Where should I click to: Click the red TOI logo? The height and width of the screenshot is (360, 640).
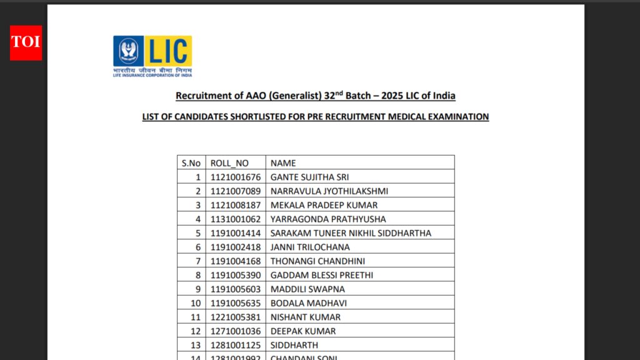tap(26, 42)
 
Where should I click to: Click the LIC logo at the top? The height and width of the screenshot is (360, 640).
tap(152, 56)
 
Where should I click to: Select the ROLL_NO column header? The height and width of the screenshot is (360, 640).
tap(229, 163)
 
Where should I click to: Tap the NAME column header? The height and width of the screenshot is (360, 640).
tap(283, 163)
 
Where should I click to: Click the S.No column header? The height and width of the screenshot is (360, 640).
tap(191, 163)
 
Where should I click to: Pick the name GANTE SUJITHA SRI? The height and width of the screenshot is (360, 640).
tap(309, 177)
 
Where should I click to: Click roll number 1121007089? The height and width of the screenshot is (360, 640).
tap(235, 191)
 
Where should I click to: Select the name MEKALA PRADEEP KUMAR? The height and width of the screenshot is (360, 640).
tap(324, 205)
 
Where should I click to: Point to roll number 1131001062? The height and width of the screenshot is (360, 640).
tap(235, 219)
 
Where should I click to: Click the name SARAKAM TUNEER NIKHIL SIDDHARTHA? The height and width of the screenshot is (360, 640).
tap(351, 233)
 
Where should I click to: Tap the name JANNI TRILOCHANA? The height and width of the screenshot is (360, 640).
tap(310, 247)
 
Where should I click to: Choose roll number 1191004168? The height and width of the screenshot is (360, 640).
tap(235, 261)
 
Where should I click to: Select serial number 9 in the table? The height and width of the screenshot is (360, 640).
tap(198, 289)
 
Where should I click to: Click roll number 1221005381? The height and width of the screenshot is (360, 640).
tap(235, 317)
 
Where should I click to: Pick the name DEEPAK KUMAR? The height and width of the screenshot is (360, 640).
tap(303, 331)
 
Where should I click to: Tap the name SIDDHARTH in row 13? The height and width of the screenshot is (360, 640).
tap(294, 345)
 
